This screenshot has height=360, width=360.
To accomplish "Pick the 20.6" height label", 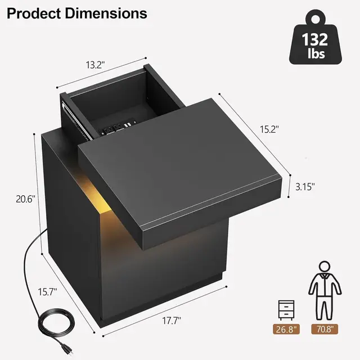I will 25,199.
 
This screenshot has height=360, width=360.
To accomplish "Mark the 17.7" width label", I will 171,321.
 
